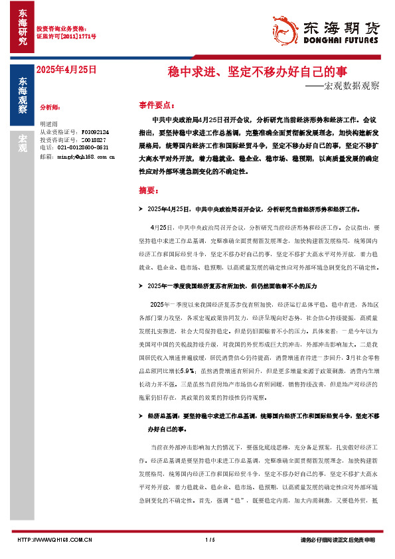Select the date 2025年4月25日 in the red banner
coord(66,69)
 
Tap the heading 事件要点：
coord(157,105)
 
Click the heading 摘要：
coord(149,189)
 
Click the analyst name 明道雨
coord(49,125)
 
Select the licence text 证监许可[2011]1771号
coord(66,37)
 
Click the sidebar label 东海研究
coord(22,27)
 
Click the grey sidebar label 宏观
coord(22,143)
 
